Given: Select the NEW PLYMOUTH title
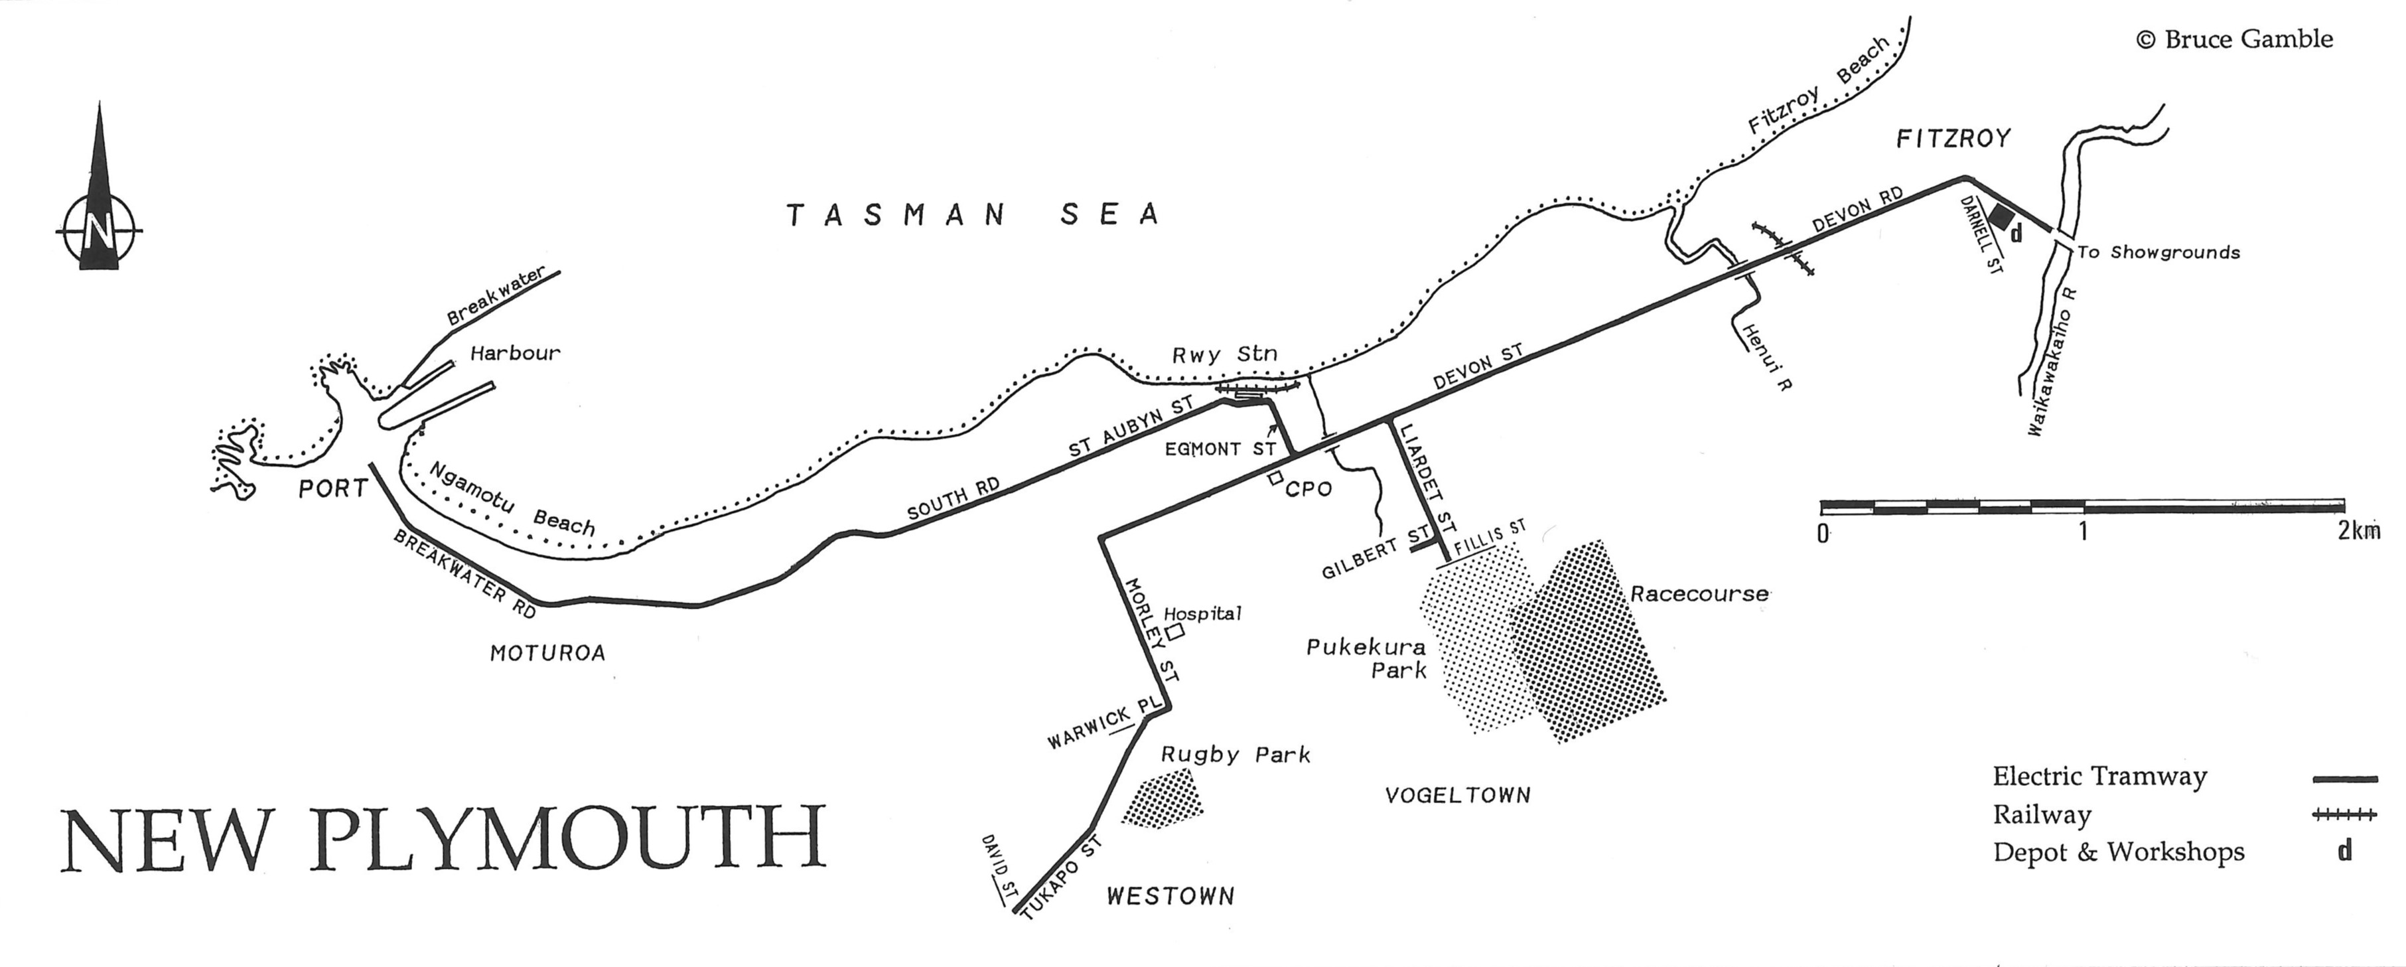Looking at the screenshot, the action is click(444, 838).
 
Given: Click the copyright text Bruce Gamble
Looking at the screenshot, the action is click(2234, 39).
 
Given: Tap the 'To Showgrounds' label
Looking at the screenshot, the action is click(2158, 252).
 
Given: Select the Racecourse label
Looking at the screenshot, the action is click(1699, 594).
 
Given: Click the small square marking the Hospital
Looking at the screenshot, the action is click(1176, 632).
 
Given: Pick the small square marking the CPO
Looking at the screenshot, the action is click(1274, 479).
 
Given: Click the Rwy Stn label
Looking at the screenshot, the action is click(1224, 355).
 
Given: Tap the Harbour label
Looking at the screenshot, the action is click(515, 353).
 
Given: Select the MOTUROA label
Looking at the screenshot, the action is click(547, 653).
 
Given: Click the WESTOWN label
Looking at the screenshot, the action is click(1170, 897).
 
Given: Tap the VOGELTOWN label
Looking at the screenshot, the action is click(1457, 796).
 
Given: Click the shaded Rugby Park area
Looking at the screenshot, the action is click(1162, 799).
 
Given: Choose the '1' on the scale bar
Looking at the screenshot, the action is click(2082, 532).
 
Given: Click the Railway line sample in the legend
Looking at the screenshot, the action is click(2344, 816).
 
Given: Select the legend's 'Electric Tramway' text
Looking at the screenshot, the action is click(2099, 777).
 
